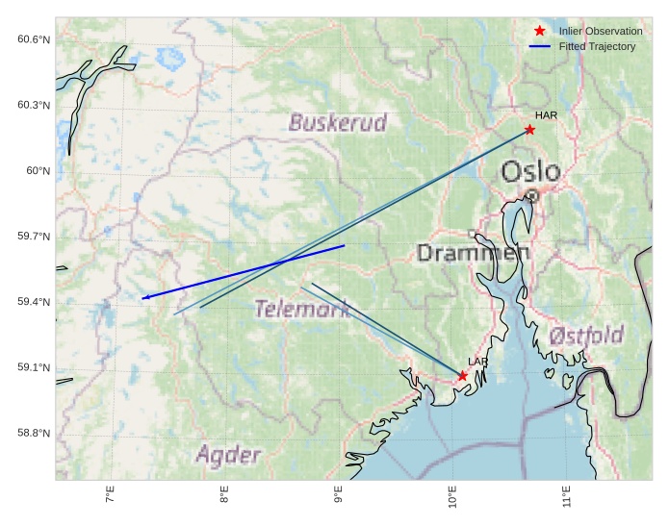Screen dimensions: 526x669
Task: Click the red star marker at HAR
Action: [x=529, y=130]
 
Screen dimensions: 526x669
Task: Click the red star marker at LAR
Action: [x=463, y=376]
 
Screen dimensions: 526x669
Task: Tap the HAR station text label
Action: [x=546, y=115]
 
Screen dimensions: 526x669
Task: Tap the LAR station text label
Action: [x=478, y=362]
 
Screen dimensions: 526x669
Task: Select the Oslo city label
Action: [x=530, y=172]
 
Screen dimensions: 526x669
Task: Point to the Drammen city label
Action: [x=473, y=253]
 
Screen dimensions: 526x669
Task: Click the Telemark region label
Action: [x=302, y=309]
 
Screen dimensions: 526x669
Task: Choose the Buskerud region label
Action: [x=337, y=122]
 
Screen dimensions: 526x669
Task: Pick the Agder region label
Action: [x=228, y=454]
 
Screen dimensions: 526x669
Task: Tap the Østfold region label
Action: [x=586, y=336]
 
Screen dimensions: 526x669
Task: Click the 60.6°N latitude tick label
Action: [x=34, y=39]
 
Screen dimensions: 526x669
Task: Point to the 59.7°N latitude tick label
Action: [x=34, y=237]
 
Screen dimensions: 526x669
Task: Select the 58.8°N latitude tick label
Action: [x=34, y=434]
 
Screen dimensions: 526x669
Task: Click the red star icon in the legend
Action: [x=540, y=32]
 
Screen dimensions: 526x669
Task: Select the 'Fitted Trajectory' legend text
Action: [x=597, y=47]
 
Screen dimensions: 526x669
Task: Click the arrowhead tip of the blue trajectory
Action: [x=142, y=299]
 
